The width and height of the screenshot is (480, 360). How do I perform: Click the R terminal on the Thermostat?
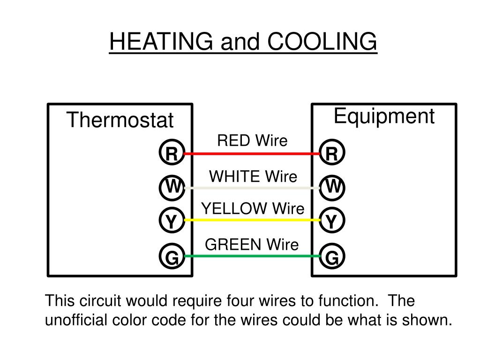point(172,153)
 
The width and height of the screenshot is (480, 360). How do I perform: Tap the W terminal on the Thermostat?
point(172,187)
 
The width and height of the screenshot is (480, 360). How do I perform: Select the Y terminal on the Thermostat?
point(172,220)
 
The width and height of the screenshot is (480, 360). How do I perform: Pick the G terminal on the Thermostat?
point(172,256)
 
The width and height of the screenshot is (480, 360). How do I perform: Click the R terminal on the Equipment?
point(332,153)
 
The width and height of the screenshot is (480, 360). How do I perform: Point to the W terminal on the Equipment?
point(332,187)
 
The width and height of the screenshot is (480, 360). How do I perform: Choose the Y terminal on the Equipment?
point(332,220)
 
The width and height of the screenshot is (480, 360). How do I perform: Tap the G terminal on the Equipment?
point(332,256)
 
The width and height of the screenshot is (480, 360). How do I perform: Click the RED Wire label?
point(252,140)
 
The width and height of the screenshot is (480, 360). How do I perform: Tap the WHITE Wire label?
point(253,177)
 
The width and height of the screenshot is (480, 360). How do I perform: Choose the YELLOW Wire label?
point(253,209)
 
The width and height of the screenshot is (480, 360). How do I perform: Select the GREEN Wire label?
point(252,244)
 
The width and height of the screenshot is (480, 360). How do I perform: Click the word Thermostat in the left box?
point(120,120)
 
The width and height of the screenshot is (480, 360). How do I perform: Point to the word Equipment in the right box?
point(384,116)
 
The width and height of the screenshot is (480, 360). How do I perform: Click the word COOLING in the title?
point(322,42)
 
